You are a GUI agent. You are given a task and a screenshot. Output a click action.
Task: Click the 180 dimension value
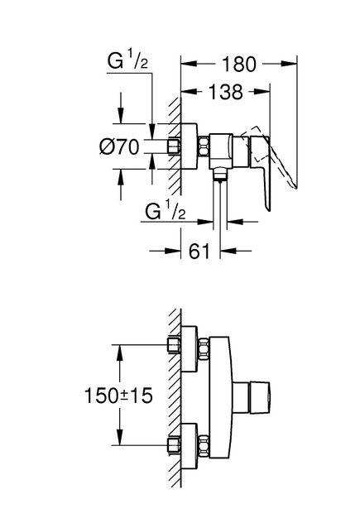pyautogui.click(x=239, y=64)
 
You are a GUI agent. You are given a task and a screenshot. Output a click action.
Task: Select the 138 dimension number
pyautogui.click(x=226, y=92)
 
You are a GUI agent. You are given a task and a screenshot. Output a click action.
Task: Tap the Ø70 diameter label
pyautogui.click(x=119, y=146)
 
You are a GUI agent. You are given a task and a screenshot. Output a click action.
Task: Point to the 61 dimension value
pyautogui.click(x=199, y=252)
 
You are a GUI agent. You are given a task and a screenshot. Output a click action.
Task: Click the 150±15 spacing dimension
pyautogui.click(x=119, y=395)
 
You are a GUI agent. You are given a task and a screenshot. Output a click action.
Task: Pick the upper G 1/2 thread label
pyautogui.click(x=127, y=61)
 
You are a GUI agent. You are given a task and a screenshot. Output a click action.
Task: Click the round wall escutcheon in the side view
pyautogui.click(x=189, y=146)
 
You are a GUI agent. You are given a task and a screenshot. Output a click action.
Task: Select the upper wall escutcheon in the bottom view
pyautogui.click(x=190, y=349)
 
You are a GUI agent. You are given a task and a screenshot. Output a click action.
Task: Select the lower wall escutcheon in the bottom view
pyautogui.click(x=190, y=446)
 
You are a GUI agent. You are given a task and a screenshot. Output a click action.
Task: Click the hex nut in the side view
pyautogui.click(x=204, y=146)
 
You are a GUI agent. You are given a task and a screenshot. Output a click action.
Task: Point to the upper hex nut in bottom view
pyautogui.click(x=204, y=349)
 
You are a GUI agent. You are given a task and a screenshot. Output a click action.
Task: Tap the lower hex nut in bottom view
pyautogui.click(x=204, y=446)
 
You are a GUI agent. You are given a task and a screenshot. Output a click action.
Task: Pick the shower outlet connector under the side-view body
pyautogui.click(x=219, y=174)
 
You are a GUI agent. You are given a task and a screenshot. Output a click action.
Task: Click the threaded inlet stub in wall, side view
pyautogui.click(x=174, y=146)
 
